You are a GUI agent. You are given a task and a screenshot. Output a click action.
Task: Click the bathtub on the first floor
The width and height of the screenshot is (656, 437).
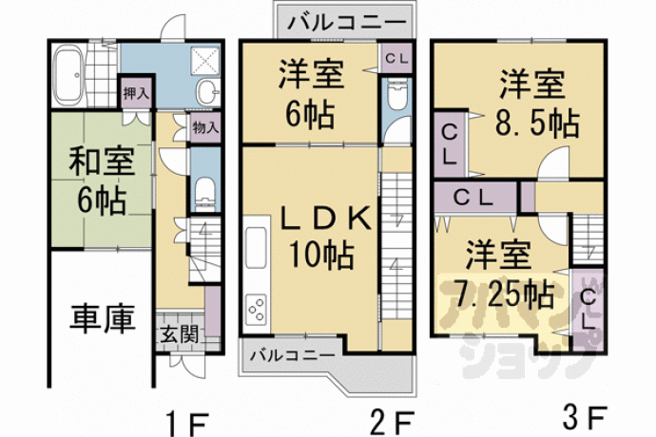click(x=69, y=75)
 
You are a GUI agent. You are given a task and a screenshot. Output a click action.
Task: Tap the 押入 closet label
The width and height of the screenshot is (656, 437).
click(x=136, y=93)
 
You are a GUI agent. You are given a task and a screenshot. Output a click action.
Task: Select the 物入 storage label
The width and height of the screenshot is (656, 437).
click(x=205, y=127)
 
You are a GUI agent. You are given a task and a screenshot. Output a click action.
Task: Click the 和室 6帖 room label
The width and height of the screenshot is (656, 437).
click(x=102, y=180)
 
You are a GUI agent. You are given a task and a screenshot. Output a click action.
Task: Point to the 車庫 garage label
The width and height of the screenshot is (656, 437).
click(x=102, y=318)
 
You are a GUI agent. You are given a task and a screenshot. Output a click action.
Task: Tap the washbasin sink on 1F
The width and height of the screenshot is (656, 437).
click(x=207, y=91)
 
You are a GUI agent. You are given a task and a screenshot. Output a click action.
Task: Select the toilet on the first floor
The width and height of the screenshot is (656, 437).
click(x=205, y=193)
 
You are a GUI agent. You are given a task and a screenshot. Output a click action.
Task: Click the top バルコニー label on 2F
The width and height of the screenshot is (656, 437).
click(x=346, y=22)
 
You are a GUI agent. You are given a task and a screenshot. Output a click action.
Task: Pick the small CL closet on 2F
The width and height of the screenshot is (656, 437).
click(x=396, y=59)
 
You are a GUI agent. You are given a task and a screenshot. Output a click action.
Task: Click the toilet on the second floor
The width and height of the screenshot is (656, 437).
click(x=396, y=97)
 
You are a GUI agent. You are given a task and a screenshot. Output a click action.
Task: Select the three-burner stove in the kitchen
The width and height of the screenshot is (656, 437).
click(x=257, y=310)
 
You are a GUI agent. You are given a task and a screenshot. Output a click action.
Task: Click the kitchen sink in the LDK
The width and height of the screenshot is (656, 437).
click(x=256, y=247)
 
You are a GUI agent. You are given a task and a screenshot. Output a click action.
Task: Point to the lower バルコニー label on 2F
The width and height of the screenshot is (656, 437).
click(x=293, y=356)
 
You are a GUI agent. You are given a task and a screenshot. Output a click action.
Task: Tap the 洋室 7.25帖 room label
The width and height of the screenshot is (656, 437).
click(x=503, y=274)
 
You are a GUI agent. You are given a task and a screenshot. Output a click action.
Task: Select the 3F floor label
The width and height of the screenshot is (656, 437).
click(x=584, y=418)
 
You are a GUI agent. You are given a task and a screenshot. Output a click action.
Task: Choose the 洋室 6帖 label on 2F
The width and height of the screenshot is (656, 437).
click(x=312, y=93)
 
